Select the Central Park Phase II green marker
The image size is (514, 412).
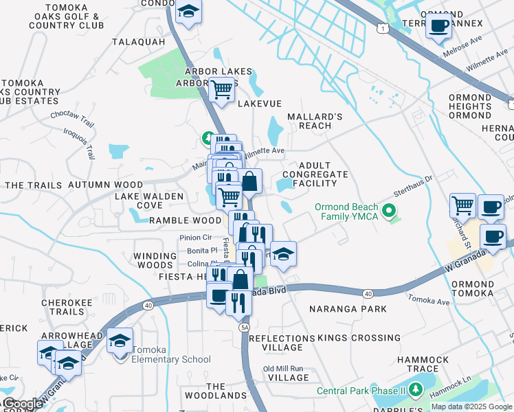coord(415,391)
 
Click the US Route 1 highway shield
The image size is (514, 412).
coord(383,27)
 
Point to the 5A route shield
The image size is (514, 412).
coord(245,328)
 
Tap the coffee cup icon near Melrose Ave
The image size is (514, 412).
coord(438,27)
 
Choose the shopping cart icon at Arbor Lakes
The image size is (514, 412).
coord(221,89)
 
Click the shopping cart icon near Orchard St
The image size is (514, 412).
coord(463,205)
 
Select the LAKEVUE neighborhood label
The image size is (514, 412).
coord(260,104)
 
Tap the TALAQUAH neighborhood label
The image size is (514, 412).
coord(139,42)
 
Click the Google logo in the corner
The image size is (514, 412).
coord(22,404)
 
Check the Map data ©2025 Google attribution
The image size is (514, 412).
coord(471,407)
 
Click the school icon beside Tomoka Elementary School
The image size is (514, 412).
coord(120,341)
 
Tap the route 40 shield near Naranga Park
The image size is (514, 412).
coord(369,294)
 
